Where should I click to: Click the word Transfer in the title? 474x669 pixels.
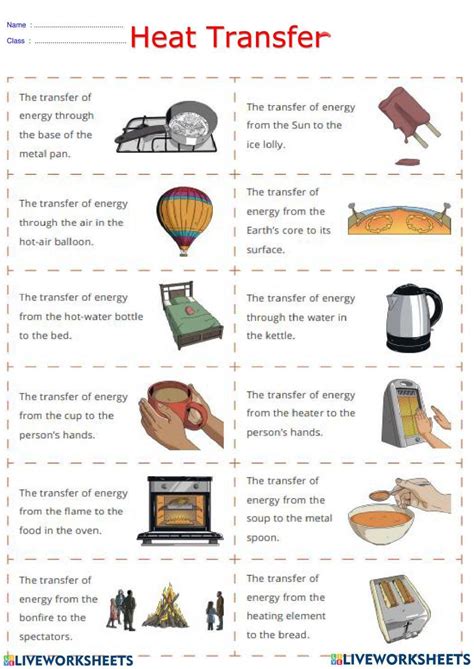[265, 38]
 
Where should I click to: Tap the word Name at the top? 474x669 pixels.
[16, 24]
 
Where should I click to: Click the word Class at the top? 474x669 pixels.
[16, 41]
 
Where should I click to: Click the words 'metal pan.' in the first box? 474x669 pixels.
[48, 154]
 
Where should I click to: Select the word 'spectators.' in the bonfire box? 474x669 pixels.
[48, 617]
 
